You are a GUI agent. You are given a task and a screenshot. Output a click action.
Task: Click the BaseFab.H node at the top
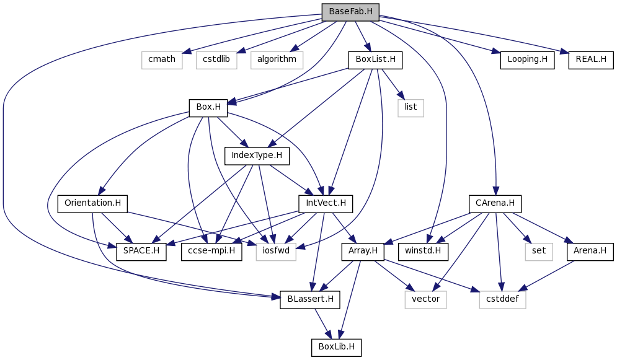click(x=350, y=12)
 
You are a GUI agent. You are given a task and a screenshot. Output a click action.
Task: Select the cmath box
click(x=162, y=59)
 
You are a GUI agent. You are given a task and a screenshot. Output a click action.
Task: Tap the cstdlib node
click(x=216, y=59)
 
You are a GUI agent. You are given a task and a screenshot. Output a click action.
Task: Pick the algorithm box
click(x=277, y=59)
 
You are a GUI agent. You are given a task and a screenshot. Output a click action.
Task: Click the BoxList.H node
click(x=375, y=60)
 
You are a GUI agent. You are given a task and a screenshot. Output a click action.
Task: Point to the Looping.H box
click(x=527, y=59)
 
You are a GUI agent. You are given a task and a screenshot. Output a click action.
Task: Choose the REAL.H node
click(x=590, y=59)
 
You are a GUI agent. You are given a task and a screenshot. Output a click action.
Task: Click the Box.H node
click(x=208, y=108)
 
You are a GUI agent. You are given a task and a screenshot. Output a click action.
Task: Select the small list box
click(x=411, y=108)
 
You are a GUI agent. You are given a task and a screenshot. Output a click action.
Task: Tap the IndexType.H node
click(x=257, y=156)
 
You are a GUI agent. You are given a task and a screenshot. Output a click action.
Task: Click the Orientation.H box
click(x=92, y=204)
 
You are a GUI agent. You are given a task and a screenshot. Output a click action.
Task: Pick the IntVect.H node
click(x=322, y=204)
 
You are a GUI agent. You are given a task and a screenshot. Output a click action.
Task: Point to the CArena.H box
click(x=495, y=204)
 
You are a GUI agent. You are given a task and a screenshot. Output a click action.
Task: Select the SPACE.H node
click(x=141, y=252)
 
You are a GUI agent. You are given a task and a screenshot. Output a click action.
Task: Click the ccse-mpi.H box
click(x=211, y=252)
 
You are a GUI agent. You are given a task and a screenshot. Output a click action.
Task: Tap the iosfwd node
click(x=276, y=252)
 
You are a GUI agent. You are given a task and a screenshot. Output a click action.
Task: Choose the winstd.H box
click(x=423, y=252)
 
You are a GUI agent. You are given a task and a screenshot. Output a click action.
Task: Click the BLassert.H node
click(x=310, y=300)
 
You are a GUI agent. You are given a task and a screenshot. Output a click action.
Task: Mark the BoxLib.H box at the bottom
click(x=336, y=348)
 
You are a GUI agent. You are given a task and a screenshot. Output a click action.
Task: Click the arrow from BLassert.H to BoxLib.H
click(x=322, y=324)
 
